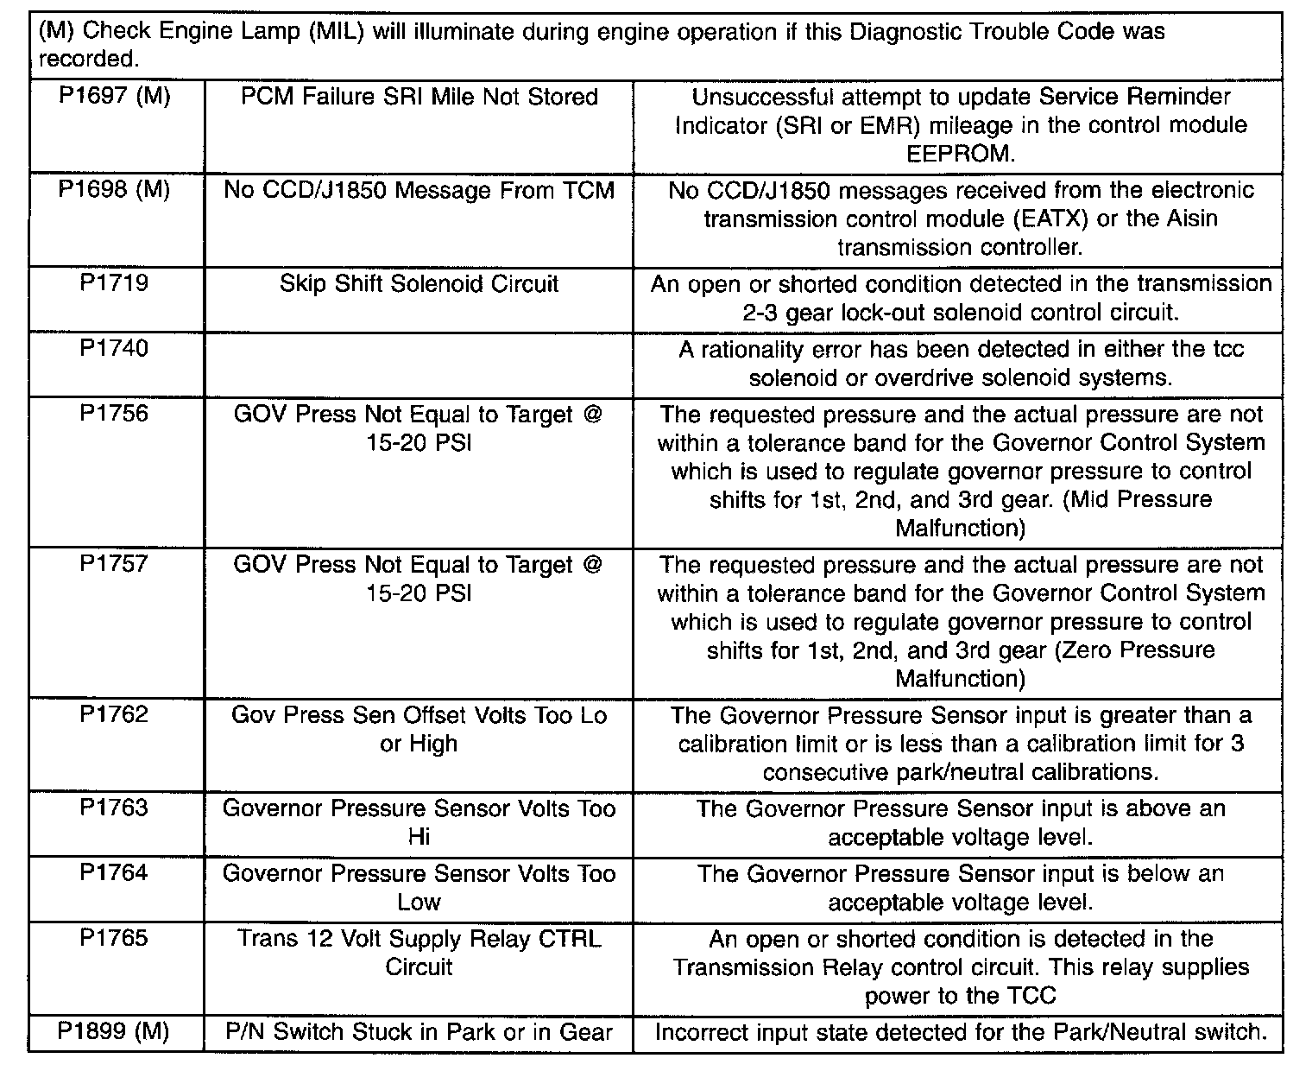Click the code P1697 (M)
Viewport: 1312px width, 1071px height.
[114, 96]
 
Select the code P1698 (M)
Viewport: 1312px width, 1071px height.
[114, 189]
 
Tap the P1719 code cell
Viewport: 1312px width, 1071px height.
[114, 283]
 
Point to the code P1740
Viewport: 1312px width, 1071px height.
[114, 348]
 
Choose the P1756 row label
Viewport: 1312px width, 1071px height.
[114, 414]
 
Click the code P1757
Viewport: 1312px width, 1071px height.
[114, 564]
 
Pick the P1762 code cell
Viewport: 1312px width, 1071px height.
[114, 714]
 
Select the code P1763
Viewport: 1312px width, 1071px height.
[114, 808]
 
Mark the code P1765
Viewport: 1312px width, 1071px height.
[114, 938]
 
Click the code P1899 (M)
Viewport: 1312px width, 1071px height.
[114, 1031]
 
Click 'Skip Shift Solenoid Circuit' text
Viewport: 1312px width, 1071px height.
[419, 283]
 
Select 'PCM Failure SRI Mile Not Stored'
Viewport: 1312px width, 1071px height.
[419, 96]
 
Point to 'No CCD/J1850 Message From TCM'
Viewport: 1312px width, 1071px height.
[419, 189]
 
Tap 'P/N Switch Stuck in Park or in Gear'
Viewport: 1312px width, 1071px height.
[419, 1031]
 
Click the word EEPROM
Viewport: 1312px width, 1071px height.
[960, 154]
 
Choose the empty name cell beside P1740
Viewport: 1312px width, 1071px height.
[419, 364]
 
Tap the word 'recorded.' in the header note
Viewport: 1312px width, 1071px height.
[88, 59]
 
